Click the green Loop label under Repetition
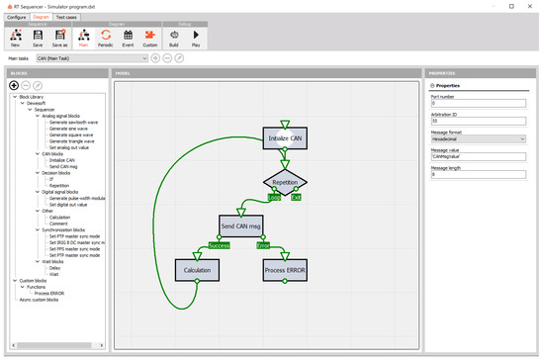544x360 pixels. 274,198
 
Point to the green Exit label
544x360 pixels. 296,198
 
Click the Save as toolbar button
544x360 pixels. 58,39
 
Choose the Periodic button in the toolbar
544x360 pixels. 106,39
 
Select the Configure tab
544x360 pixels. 17,17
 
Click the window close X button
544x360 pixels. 531,6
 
